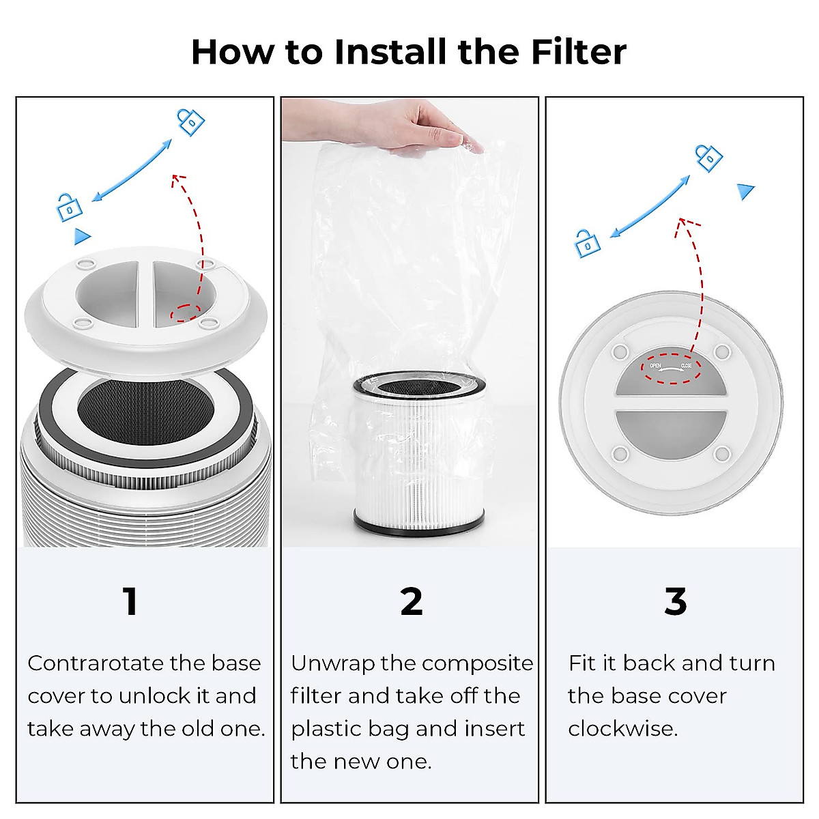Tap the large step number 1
(130, 601)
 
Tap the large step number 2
(412, 601)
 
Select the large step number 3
(675, 601)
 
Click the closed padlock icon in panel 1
(190, 121)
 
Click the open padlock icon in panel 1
(69, 207)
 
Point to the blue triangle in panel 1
(82, 236)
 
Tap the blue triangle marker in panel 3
(746, 191)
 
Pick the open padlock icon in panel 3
(587, 244)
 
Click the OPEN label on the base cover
(655, 367)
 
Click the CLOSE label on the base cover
(686, 367)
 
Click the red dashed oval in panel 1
(185, 313)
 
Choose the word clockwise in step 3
(622, 729)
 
